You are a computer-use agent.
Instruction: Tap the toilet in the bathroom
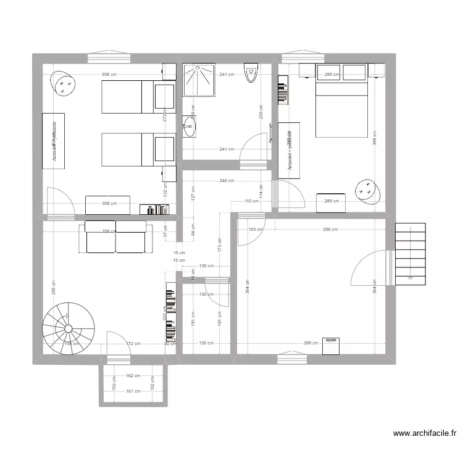(251, 73)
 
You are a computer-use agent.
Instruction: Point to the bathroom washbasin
(190, 128)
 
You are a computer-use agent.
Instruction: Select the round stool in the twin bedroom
(63, 83)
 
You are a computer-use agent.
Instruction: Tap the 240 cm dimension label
(227, 181)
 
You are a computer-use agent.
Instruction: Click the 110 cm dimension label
(251, 201)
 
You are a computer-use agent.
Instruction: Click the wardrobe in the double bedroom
(288, 151)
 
